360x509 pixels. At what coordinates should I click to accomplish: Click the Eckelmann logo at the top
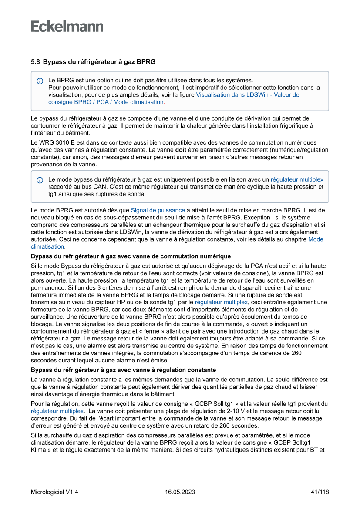point(67,27)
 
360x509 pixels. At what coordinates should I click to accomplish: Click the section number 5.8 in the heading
point(35,62)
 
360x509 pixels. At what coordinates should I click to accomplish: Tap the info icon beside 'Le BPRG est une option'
point(40,81)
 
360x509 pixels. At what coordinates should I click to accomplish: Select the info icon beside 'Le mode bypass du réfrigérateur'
point(40,180)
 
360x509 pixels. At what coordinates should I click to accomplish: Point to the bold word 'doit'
point(181,150)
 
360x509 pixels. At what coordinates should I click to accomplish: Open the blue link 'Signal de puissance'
point(158,211)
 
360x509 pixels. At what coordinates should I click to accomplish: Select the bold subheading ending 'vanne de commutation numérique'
point(131,256)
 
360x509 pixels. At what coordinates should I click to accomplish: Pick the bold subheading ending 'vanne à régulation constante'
point(123,370)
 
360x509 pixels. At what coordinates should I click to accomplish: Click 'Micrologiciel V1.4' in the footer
point(54,492)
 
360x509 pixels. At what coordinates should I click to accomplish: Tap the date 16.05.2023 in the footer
point(180,492)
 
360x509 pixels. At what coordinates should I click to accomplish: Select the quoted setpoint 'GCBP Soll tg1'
point(230,404)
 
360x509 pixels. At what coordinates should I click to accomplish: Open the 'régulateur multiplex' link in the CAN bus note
point(297,179)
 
